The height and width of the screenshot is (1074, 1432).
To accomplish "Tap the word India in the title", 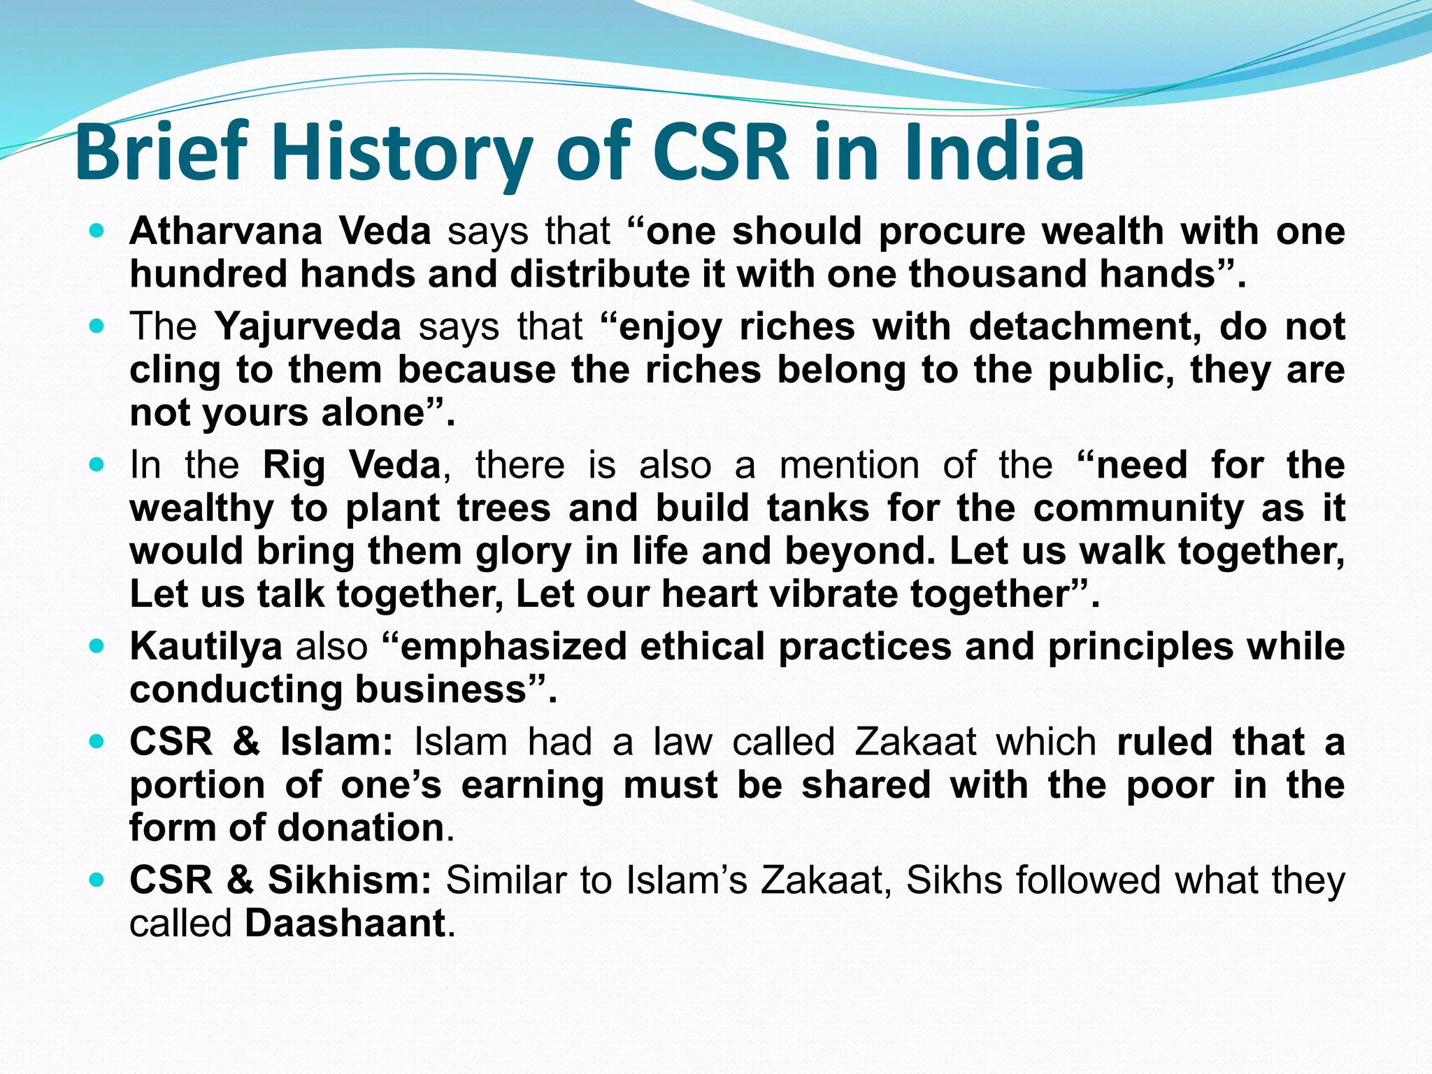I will click(x=994, y=152).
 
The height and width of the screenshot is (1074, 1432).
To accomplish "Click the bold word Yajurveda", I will click(x=308, y=327).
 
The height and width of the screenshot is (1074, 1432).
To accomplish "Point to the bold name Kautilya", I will click(x=206, y=646).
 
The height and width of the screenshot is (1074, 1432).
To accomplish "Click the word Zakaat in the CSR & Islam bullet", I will click(x=915, y=742).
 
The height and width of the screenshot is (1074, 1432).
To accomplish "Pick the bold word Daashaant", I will click(x=345, y=923).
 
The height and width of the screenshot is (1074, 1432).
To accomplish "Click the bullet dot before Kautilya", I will click(x=96, y=646).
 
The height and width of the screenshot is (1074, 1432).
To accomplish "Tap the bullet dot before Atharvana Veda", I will click(x=96, y=231).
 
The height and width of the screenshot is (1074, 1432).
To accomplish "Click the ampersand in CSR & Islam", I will click(x=246, y=742).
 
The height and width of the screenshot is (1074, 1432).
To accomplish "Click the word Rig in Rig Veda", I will click(x=294, y=465).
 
